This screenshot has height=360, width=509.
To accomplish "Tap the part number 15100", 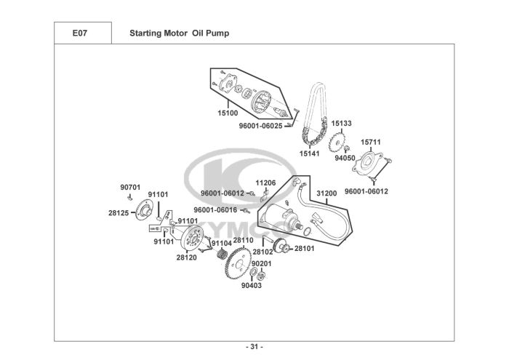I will [x=228, y=113].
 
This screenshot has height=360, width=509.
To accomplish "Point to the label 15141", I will [x=310, y=153].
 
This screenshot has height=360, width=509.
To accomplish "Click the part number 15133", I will [x=342, y=124].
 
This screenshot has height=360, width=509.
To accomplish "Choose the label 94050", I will [x=345, y=158].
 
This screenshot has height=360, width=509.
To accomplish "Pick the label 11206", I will [x=265, y=183].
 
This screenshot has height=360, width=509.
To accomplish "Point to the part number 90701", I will [x=130, y=187].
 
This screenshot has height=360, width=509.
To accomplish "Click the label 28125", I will [x=119, y=213].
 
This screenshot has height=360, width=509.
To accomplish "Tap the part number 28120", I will [x=186, y=257].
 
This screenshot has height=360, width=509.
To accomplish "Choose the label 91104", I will [x=221, y=243].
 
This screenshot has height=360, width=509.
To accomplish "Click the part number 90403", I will [x=251, y=286].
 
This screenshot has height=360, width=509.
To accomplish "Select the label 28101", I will [x=303, y=249].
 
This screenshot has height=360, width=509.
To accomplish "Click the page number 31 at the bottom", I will [x=254, y=345].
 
